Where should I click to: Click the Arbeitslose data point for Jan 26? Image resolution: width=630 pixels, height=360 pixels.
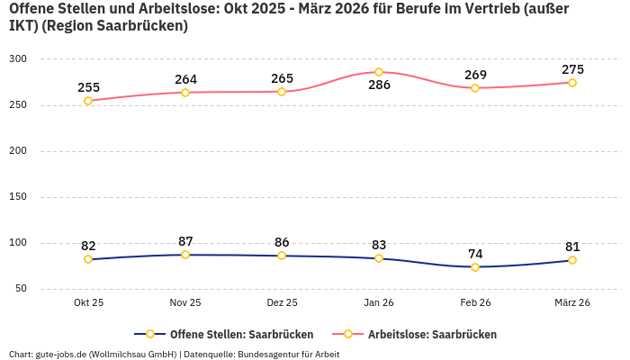[x=379, y=72]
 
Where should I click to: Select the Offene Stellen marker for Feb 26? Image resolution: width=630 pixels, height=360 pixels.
[x=475, y=266]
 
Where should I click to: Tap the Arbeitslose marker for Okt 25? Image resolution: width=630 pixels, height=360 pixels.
[x=88, y=101]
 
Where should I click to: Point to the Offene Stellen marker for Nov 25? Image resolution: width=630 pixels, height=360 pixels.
[x=185, y=255]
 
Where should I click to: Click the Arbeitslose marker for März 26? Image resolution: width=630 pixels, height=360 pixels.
[x=572, y=83]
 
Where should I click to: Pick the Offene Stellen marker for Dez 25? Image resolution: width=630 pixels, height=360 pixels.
[x=282, y=256]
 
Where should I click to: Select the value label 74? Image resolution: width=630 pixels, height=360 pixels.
[x=475, y=254]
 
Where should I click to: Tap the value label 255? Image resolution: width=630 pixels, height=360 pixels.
[x=88, y=87]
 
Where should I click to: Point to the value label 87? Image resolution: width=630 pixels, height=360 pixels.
[x=185, y=241]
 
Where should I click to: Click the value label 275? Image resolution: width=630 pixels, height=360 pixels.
[x=572, y=69]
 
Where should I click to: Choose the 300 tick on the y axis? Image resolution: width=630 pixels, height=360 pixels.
[x=19, y=59]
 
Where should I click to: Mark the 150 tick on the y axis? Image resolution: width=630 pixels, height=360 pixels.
[x=19, y=197]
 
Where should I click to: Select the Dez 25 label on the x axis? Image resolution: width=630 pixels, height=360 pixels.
[x=282, y=303]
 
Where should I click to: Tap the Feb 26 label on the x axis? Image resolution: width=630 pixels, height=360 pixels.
[x=475, y=303]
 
